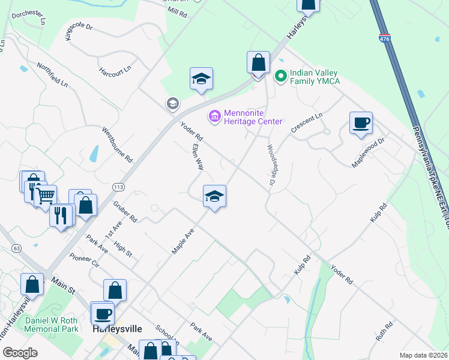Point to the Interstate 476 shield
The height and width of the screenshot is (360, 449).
(384, 38)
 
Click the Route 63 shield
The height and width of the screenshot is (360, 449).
(16, 247)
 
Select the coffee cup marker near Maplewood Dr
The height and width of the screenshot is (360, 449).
(361, 122)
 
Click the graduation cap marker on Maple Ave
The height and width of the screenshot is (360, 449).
(214, 196)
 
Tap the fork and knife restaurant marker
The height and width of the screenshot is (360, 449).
(61, 215)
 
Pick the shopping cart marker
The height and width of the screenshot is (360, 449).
(46, 195)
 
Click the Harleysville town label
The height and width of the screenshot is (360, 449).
(117, 329)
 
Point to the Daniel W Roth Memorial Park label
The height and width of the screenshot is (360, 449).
(51, 325)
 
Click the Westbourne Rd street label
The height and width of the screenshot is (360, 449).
(117, 145)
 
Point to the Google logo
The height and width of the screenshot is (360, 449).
(20, 353)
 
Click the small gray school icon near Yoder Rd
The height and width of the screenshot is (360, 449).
(173, 104)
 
